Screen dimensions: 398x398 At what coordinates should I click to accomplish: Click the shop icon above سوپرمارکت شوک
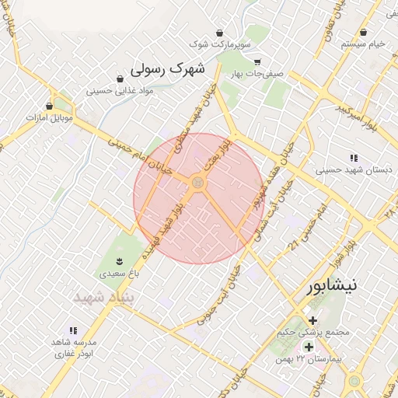[x=220, y=33]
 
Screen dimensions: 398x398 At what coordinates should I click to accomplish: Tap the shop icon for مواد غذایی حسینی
[x=120, y=79]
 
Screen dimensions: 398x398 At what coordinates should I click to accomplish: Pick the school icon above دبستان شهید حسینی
[x=354, y=157]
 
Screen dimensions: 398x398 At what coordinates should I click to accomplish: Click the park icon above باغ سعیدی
[x=119, y=260]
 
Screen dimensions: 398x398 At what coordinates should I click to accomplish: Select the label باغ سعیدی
[x=118, y=274]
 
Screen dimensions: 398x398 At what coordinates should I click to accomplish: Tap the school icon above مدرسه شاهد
[x=73, y=330]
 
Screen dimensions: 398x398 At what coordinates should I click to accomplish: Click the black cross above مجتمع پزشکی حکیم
[x=312, y=320]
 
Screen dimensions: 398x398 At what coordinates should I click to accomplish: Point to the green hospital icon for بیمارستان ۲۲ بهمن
[x=309, y=347]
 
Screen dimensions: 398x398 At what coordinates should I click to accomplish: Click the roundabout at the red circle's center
[x=197, y=183]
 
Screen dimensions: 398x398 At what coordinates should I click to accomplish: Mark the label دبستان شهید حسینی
[x=347, y=169]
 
